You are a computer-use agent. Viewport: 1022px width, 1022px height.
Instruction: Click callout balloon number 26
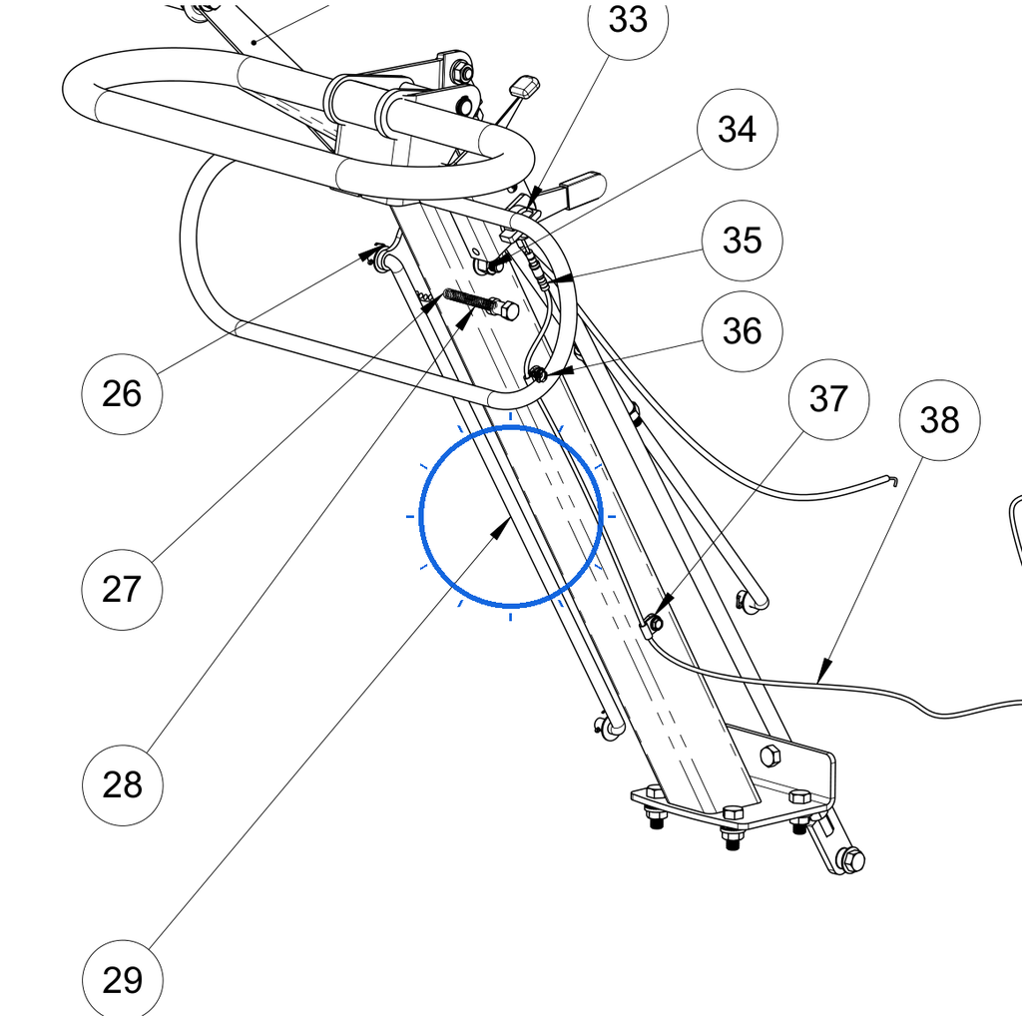(122, 393)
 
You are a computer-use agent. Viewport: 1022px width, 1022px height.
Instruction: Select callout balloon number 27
(122, 589)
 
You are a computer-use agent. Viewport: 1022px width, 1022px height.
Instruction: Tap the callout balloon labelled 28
(123, 784)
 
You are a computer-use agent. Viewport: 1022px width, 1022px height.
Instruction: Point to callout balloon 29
(123, 980)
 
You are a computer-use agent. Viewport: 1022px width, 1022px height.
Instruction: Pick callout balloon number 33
(628, 20)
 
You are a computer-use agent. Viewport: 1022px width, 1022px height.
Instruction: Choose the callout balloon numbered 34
(738, 129)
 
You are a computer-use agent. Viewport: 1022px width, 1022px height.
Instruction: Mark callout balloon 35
(743, 241)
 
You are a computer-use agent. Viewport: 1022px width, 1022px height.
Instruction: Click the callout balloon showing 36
(743, 331)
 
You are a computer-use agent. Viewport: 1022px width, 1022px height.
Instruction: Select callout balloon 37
(828, 399)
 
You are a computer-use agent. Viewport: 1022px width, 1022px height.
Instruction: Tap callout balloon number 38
(939, 420)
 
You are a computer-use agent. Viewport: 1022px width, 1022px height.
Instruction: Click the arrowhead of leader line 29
(501, 528)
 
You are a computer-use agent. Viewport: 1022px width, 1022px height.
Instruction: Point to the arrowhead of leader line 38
(824, 671)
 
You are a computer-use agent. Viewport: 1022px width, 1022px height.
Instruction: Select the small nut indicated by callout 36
(538, 375)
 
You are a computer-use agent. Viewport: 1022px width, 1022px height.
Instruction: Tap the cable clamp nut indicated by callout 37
(656, 623)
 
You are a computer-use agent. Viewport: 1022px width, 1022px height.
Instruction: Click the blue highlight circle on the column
(510, 427)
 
